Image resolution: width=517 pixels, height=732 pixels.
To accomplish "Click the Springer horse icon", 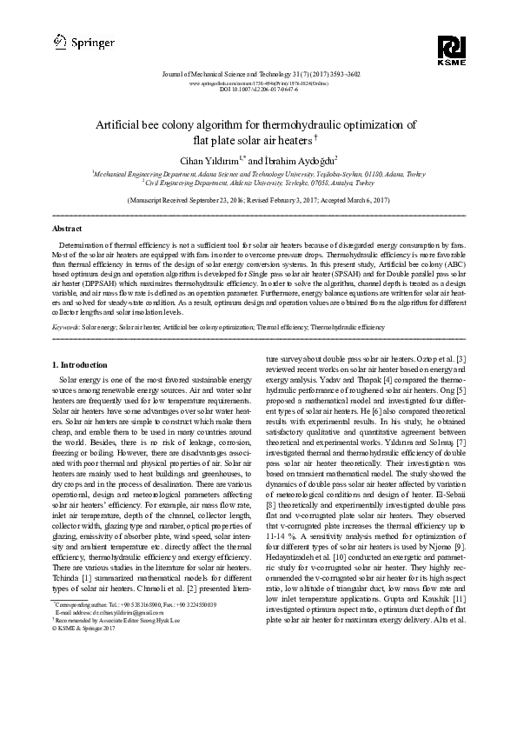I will pyautogui.click(x=59, y=40).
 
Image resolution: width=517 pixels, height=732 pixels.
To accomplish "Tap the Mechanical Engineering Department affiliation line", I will pyautogui.click(x=258, y=174).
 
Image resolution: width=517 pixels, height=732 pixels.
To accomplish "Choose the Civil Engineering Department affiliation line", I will pyautogui.click(x=258, y=183).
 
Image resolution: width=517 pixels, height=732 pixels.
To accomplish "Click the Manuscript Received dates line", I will pyautogui.click(x=258, y=199).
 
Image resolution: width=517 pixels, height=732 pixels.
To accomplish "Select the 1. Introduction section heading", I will pyautogui.click(x=80, y=364).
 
